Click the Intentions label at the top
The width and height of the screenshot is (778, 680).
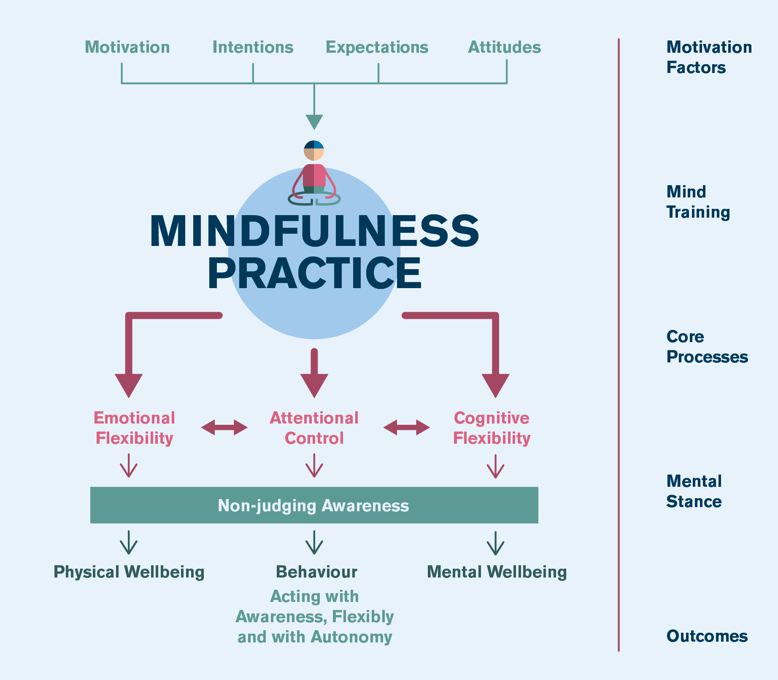253,47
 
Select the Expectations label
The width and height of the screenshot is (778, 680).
377,47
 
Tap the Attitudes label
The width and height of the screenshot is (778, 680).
504,47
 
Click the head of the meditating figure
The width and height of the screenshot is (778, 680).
314,151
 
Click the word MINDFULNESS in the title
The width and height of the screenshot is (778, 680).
314,231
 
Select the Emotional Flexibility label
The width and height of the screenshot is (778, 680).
134,428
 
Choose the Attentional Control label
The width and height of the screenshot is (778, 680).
314,428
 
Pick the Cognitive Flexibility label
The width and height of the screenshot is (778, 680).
492,428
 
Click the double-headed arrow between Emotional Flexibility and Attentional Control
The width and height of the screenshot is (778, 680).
224,427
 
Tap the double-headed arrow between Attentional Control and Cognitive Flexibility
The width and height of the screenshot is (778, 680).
406,427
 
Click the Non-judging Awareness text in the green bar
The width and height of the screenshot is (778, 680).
313,505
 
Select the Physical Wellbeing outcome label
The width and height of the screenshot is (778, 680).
129,572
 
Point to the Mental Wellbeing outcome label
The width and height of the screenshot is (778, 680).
497,572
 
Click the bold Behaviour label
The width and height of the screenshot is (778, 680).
316,572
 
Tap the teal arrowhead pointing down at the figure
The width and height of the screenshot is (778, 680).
314,122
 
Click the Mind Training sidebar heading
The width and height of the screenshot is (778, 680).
698,202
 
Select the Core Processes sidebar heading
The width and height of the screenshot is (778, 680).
707,347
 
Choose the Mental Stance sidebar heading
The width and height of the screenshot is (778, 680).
694,491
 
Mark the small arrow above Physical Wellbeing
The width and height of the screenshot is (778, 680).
129,542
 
